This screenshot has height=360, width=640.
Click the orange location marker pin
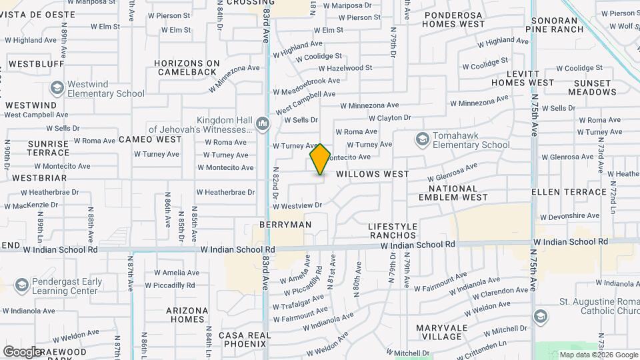[x=320, y=159]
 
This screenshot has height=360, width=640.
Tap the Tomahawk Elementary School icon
[x=421, y=139]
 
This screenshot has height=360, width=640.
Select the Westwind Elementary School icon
[x=57, y=88]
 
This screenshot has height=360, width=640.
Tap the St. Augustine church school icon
[x=541, y=315]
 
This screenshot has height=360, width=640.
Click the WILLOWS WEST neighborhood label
[x=372, y=174]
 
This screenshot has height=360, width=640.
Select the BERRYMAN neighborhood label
[x=285, y=225]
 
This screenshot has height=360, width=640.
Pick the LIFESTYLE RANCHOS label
[x=393, y=231]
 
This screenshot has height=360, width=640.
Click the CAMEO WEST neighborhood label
[x=150, y=139]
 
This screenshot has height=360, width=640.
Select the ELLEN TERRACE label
[x=569, y=192]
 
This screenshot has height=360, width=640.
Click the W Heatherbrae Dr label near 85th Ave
[x=225, y=192]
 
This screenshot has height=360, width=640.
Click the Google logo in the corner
[x=23, y=351]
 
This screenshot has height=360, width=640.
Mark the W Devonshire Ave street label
[x=570, y=217]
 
